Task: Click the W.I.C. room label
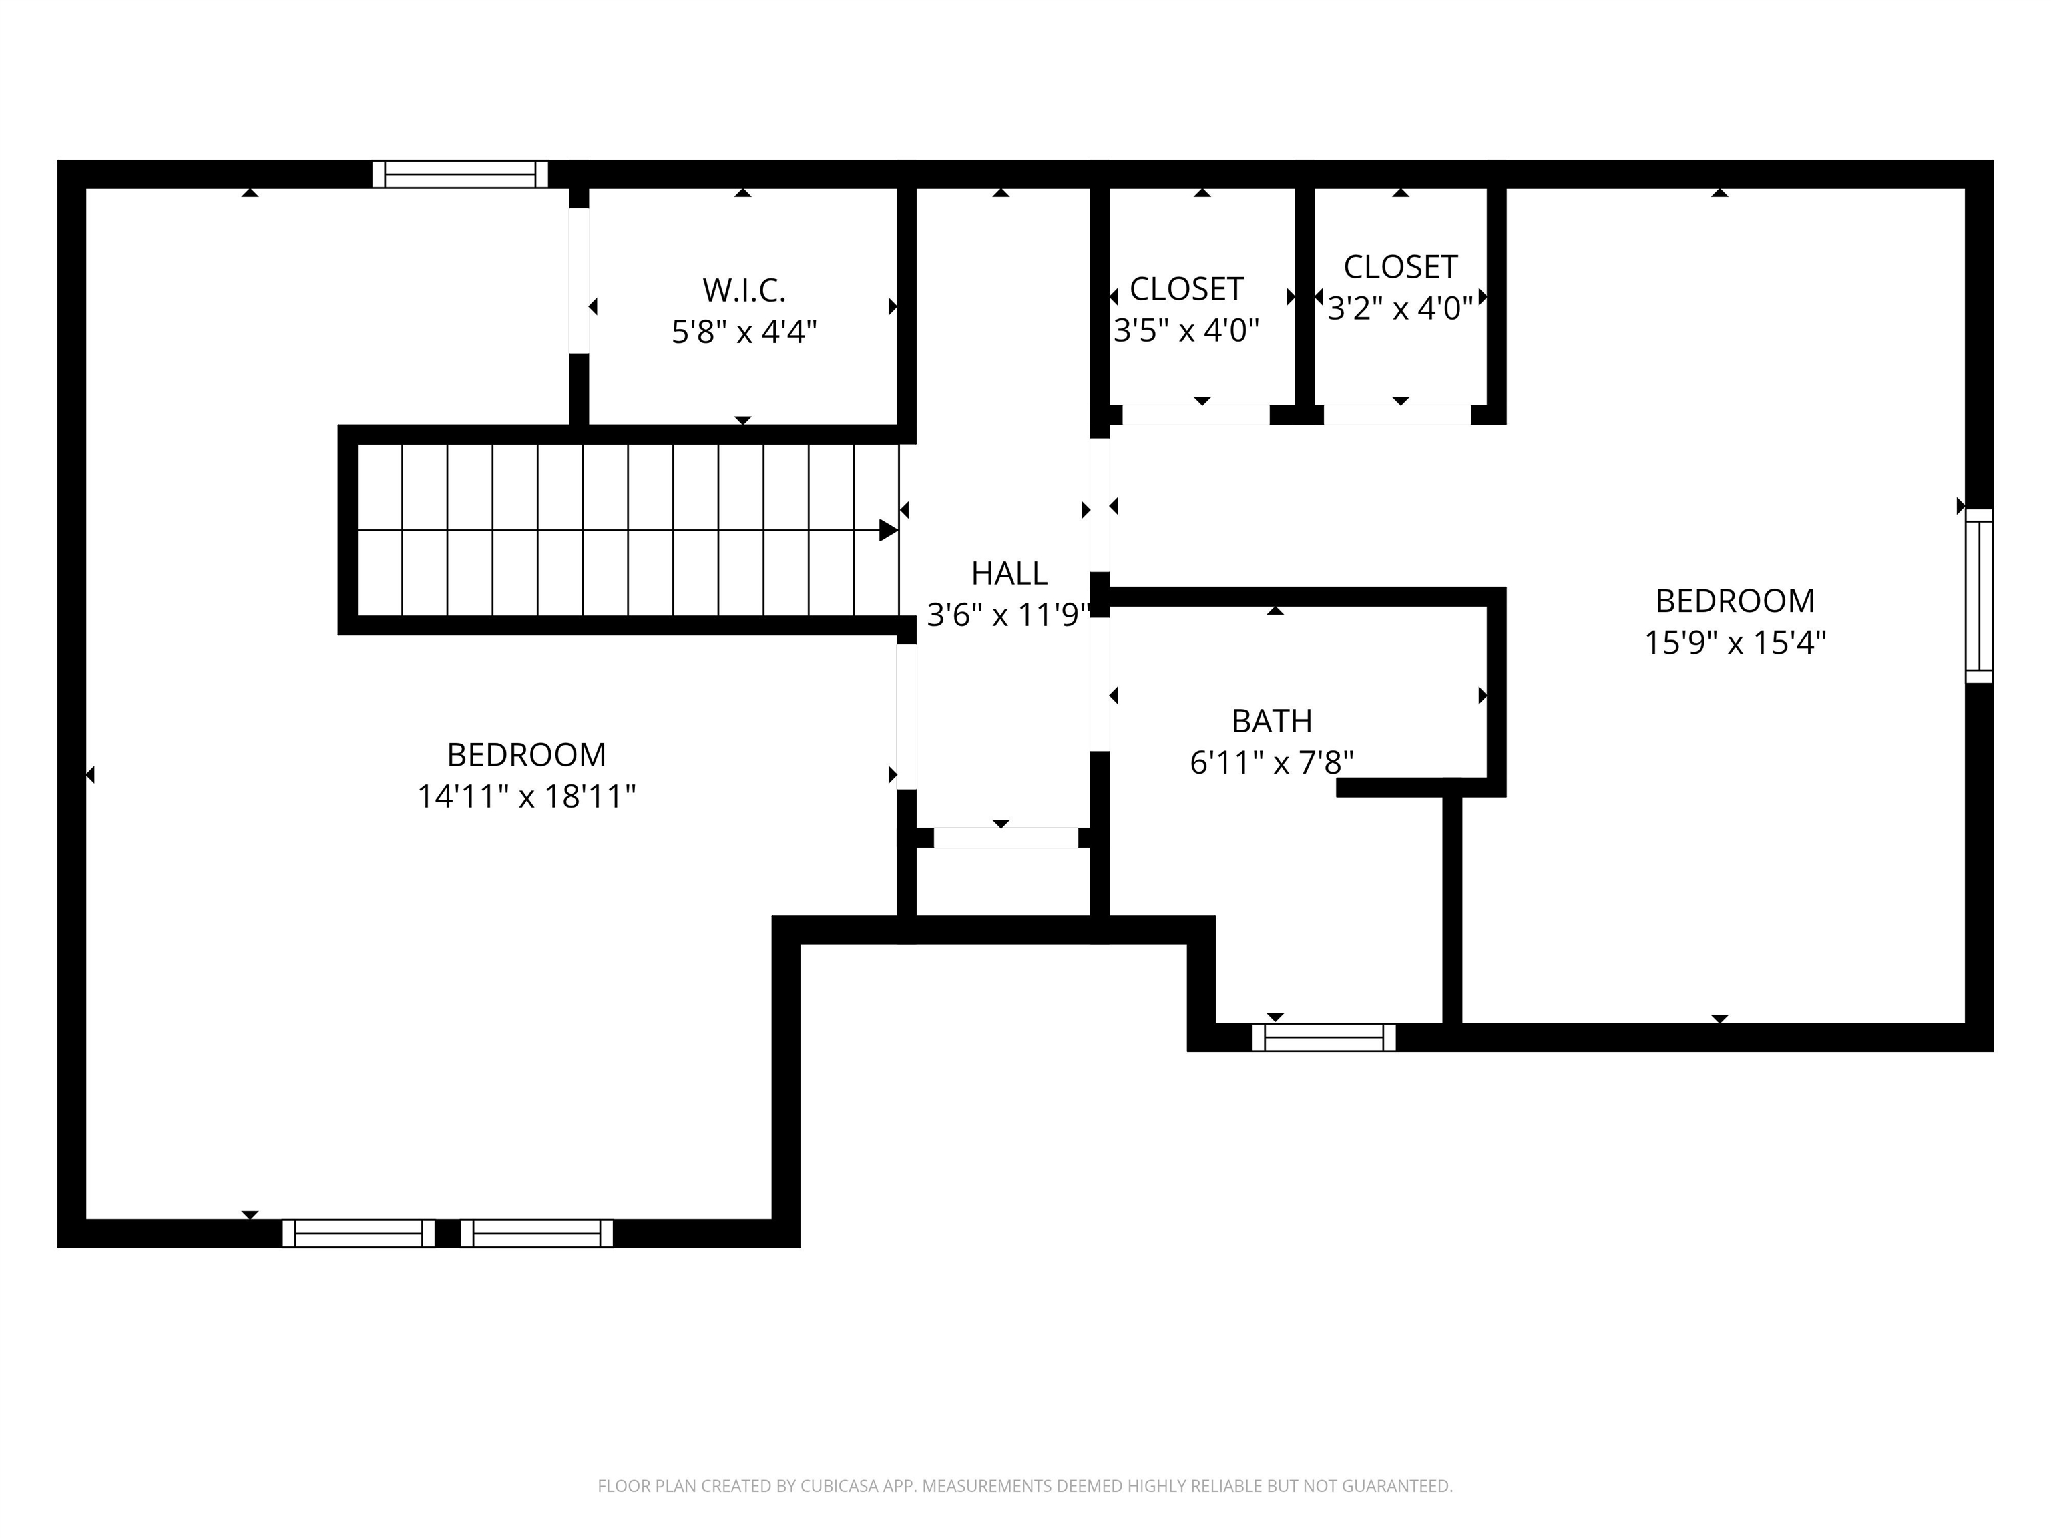click(744, 290)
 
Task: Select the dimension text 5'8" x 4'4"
click(744, 332)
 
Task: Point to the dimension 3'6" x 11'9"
click(1007, 615)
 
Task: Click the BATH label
click(1271, 720)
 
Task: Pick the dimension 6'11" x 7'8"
click(1271, 763)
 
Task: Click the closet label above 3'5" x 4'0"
click(1186, 289)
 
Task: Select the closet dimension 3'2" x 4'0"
click(1399, 308)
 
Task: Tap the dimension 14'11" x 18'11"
click(525, 796)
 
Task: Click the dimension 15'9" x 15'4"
click(1735, 642)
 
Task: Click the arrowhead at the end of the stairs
click(887, 530)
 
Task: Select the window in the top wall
click(460, 174)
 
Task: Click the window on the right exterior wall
click(1979, 595)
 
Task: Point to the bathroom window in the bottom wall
click(1323, 1037)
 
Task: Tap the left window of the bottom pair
click(359, 1233)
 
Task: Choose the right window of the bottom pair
click(537, 1233)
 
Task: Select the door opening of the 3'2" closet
click(1397, 415)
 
